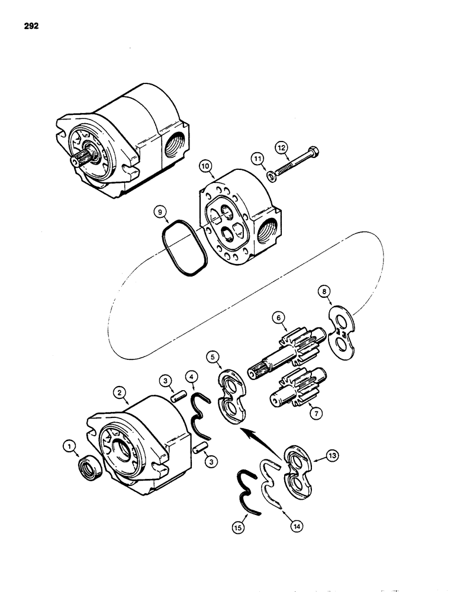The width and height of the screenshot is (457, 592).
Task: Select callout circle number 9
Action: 159,211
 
